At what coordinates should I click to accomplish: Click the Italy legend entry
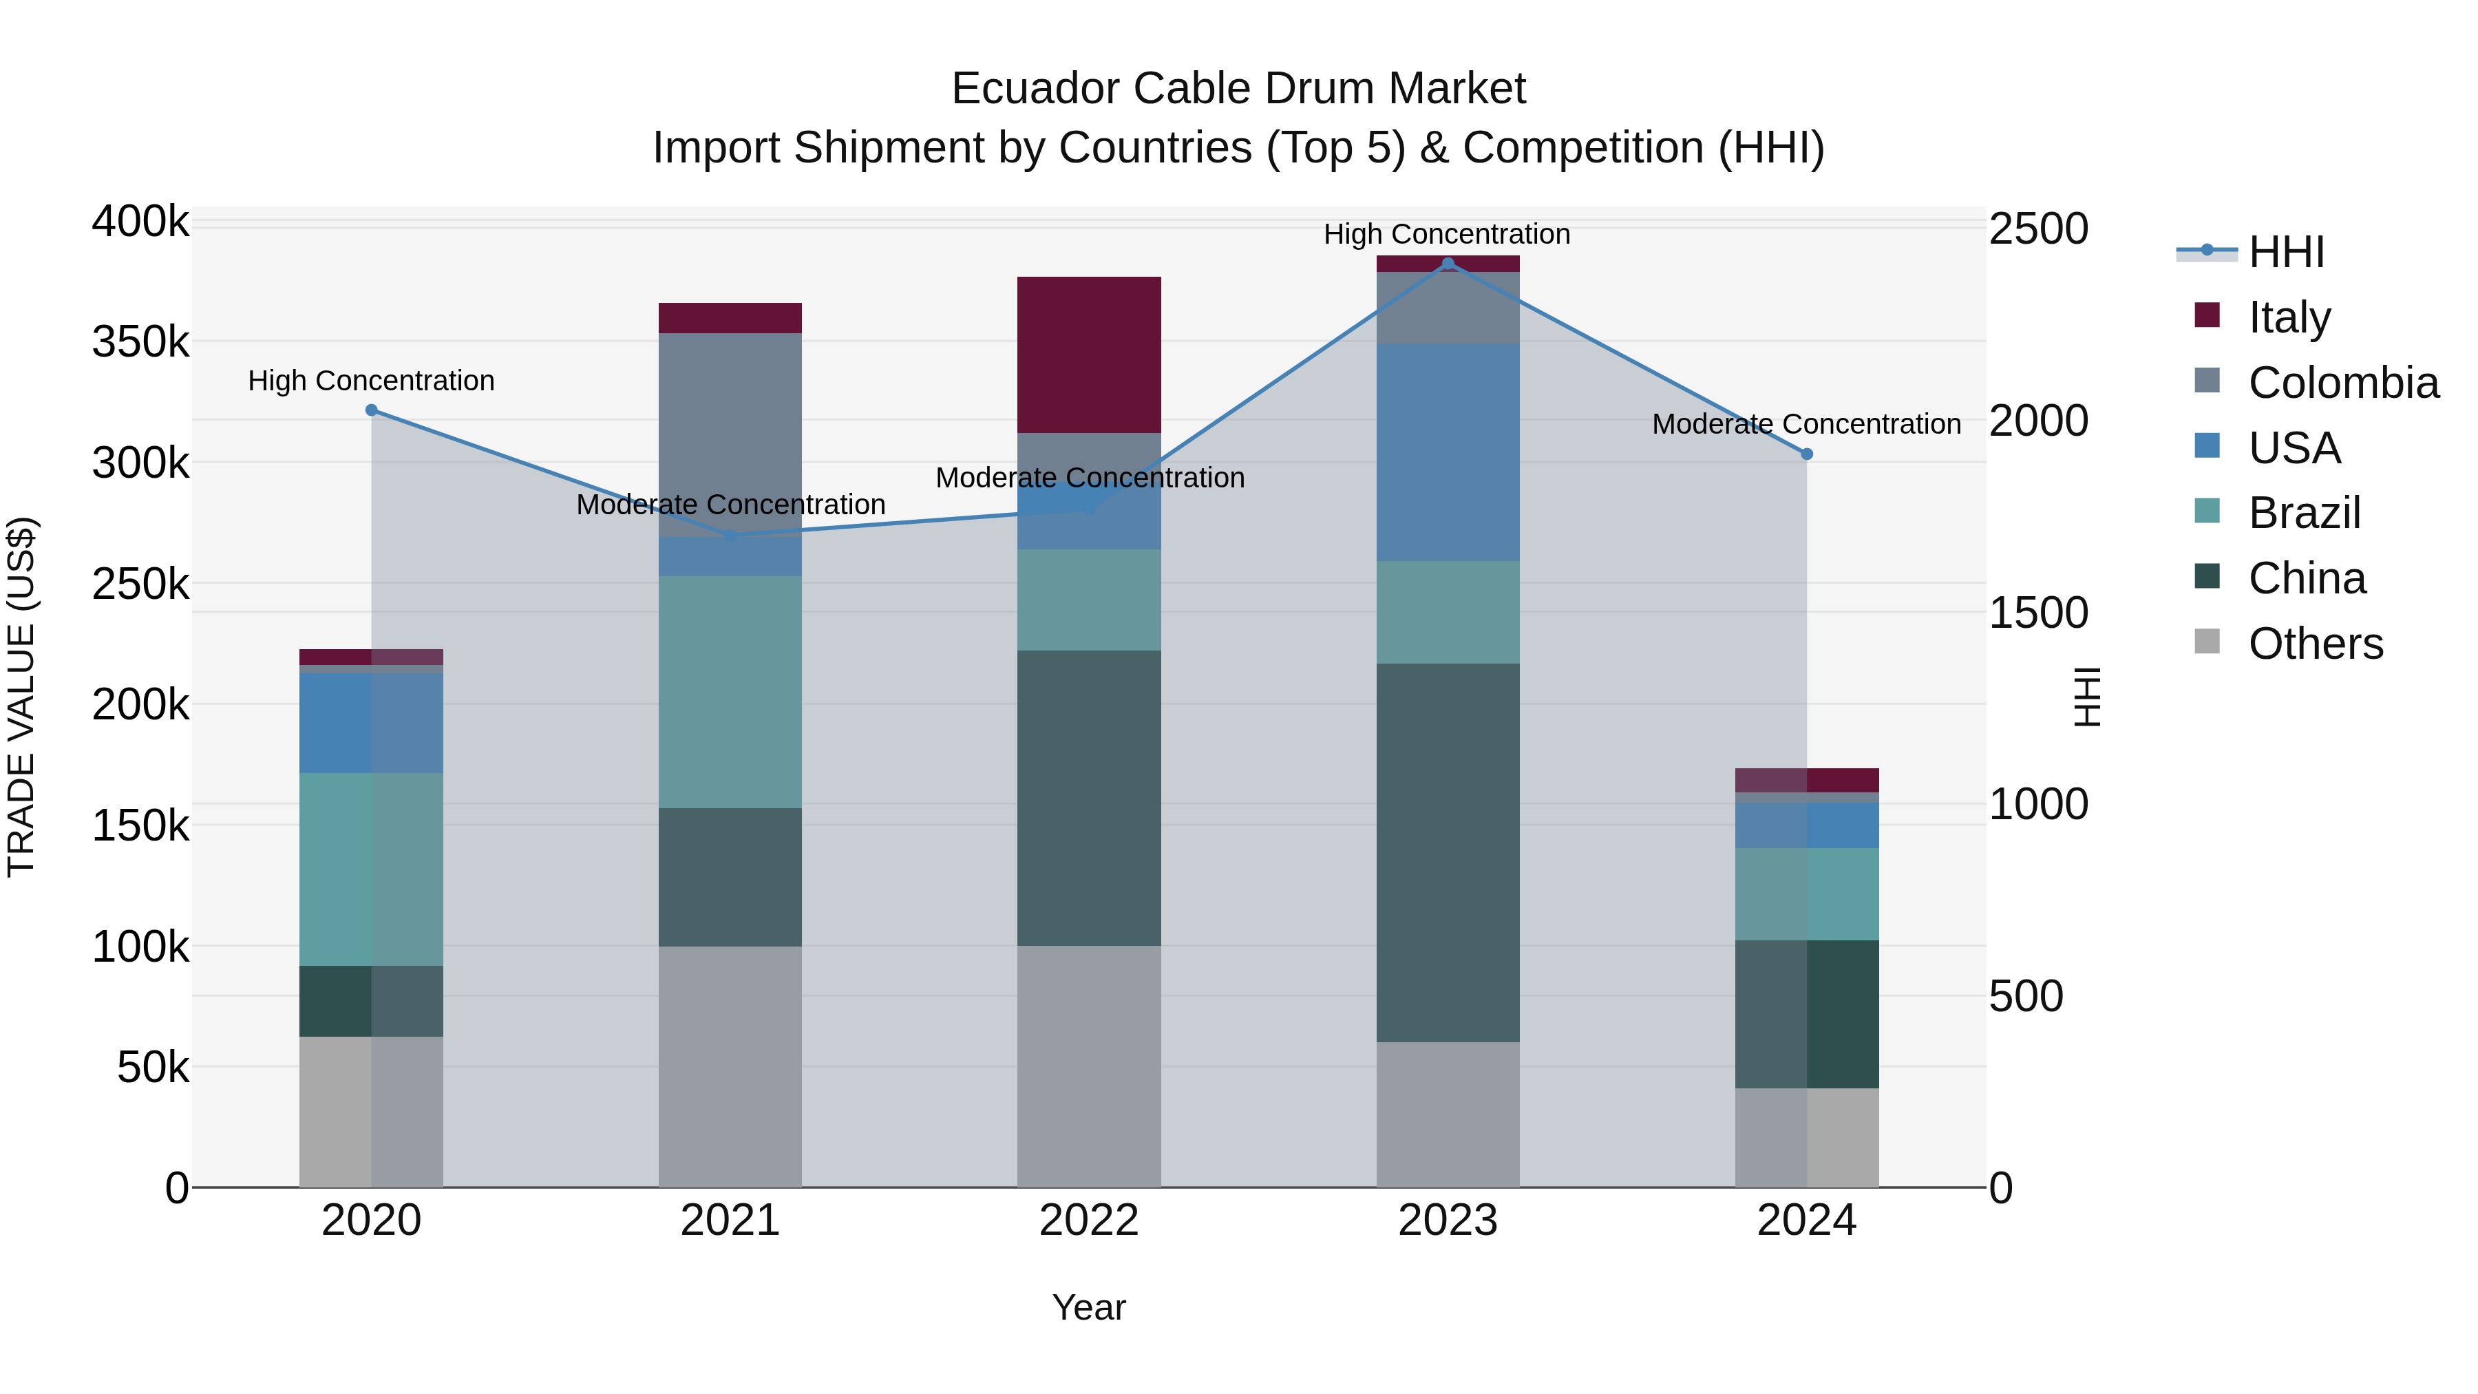tap(2289, 317)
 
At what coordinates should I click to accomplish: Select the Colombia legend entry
tap(2343, 383)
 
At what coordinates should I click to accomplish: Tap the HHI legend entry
tap(2285, 252)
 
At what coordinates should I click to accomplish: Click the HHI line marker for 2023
tap(1448, 264)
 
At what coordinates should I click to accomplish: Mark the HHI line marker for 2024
tap(1807, 454)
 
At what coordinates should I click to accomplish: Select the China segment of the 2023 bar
tap(1448, 852)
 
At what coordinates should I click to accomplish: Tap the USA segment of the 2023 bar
tap(1448, 452)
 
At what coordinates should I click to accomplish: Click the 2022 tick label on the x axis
tap(1089, 1221)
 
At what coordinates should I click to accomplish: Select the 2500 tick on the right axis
tap(2037, 229)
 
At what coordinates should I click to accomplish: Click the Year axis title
tap(1089, 1307)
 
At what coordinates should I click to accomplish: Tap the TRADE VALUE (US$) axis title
tap(22, 697)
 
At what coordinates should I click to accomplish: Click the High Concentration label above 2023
tap(1447, 234)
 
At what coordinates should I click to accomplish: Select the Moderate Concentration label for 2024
tap(1805, 423)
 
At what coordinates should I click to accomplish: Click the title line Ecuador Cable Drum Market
tap(1238, 89)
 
